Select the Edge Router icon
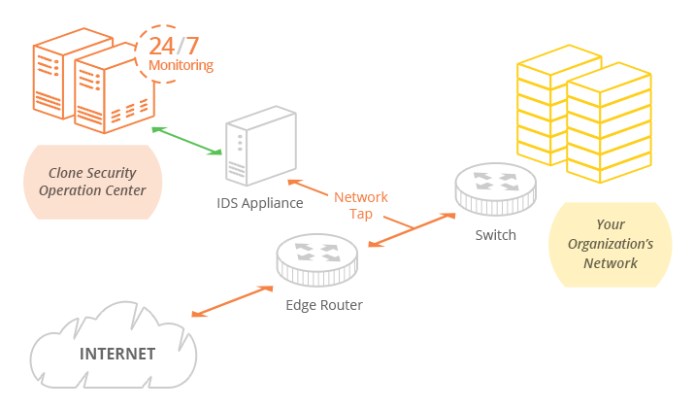316,258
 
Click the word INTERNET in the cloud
117,354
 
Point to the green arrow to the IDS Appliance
187,140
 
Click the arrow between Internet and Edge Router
232,300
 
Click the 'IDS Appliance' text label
260,203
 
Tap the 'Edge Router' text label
324,305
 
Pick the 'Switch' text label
495,235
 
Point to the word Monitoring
181,66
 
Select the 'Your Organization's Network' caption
611,244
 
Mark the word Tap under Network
361,215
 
